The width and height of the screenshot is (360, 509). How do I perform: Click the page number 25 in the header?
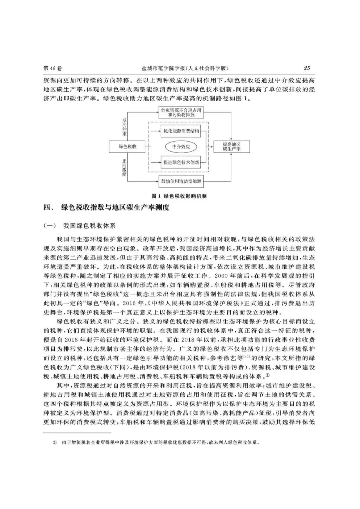pyautogui.click(x=307, y=68)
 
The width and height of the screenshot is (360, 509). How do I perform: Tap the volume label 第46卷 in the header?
pyautogui.click(x=53, y=68)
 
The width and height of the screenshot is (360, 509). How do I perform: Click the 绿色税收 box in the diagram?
pyautogui.click(x=128, y=147)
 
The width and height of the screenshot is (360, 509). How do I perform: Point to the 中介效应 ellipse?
pyautogui.click(x=181, y=147)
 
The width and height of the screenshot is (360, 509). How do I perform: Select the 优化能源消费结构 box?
pyautogui.click(x=181, y=131)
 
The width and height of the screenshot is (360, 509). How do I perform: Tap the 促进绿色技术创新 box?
pyautogui.click(x=181, y=163)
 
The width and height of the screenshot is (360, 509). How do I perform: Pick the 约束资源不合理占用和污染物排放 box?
pyautogui.click(x=181, y=112)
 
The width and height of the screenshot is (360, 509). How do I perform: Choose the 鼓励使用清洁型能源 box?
pyautogui.click(x=181, y=181)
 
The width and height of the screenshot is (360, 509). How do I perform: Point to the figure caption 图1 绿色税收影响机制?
pyautogui.click(x=179, y=196)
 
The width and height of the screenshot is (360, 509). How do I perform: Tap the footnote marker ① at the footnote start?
pyautogui.click(x=55, y=443)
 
